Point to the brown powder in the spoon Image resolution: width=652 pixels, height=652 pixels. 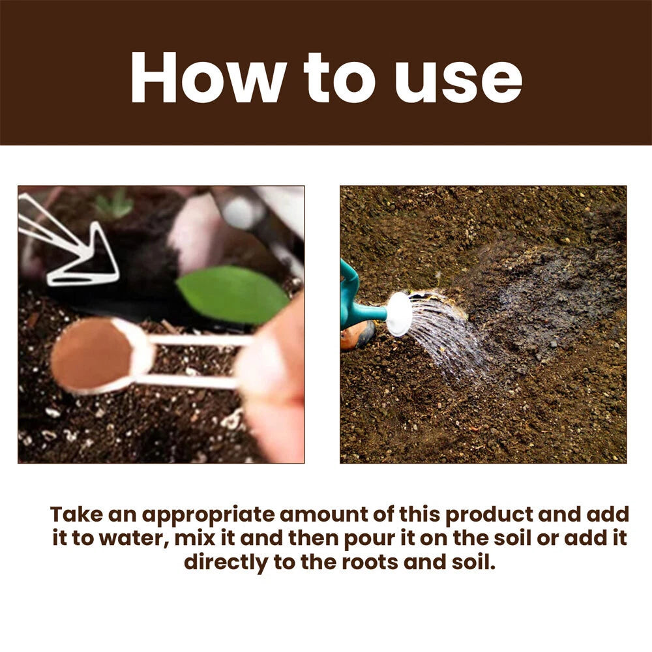[91, 356]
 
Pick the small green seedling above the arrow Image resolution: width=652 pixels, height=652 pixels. [115, 204]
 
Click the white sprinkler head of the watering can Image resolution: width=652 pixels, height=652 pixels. [398, 314]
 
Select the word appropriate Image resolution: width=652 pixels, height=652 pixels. [208, 515]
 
